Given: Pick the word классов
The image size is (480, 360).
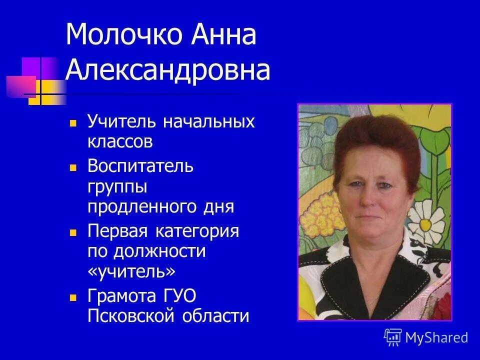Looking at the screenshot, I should [120, 142].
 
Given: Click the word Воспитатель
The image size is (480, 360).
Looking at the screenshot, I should [140, 165].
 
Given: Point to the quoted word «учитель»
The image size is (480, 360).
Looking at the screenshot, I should [132, 272].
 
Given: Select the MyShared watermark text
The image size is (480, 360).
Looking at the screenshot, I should [436, 338].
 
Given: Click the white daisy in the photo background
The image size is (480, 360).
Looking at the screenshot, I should [426, 221].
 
